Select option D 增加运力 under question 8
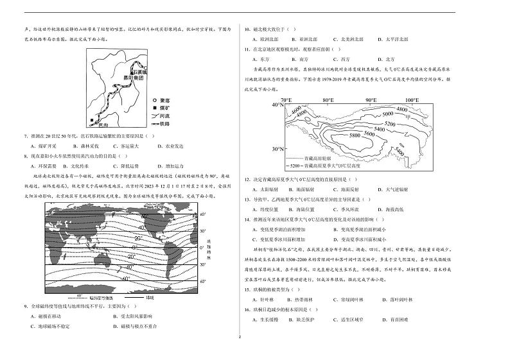175,166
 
